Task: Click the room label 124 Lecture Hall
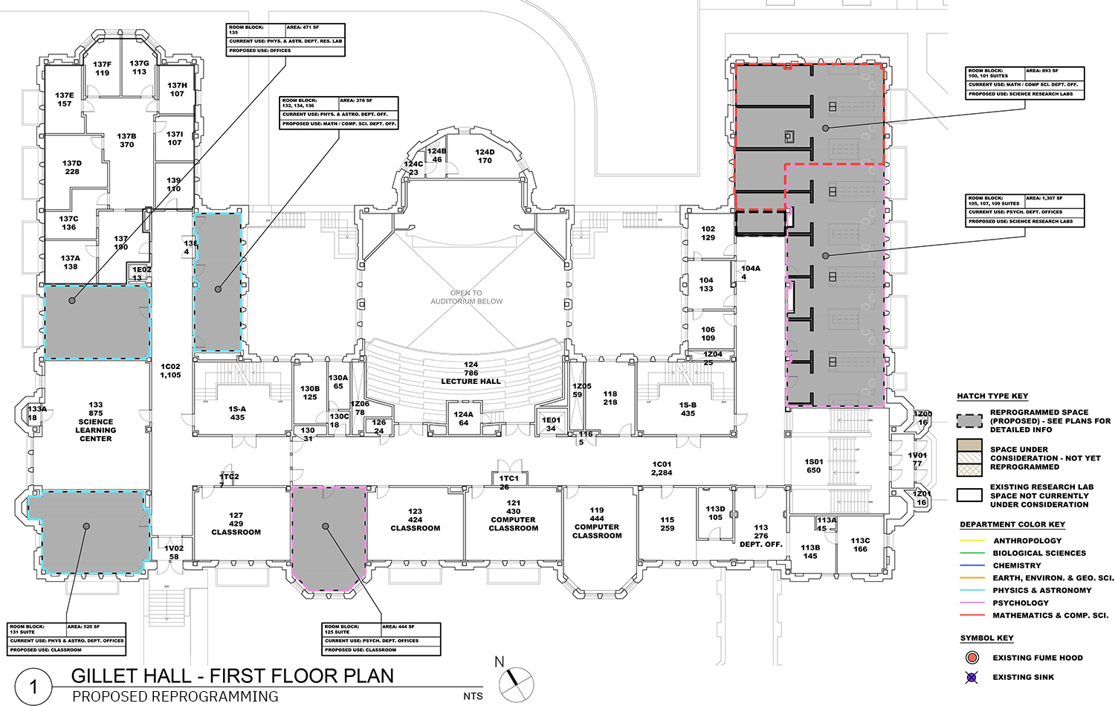(x=471, y=373)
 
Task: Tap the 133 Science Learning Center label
(x=96, y=422)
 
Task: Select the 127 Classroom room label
(x=236, y=524)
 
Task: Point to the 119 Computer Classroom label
(x=597, y=523)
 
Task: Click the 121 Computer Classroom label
(x=513, y=516)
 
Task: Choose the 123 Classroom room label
(x=415, y=520)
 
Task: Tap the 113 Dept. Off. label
(x=760, y=536)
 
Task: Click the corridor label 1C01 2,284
(x=662, y=468)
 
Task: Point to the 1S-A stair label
(x=237, y=413)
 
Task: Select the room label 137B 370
(x=126, y=141)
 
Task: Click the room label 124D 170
(x=485, y=156)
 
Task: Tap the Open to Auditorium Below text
(x=467, y=297)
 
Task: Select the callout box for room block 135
(x=285, y=40)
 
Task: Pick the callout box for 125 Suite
(x=381, y=639)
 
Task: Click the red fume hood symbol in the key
(x=972, y=658)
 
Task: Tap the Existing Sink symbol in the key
(x=972, y=677)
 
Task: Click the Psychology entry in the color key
(x=1020, y=603)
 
